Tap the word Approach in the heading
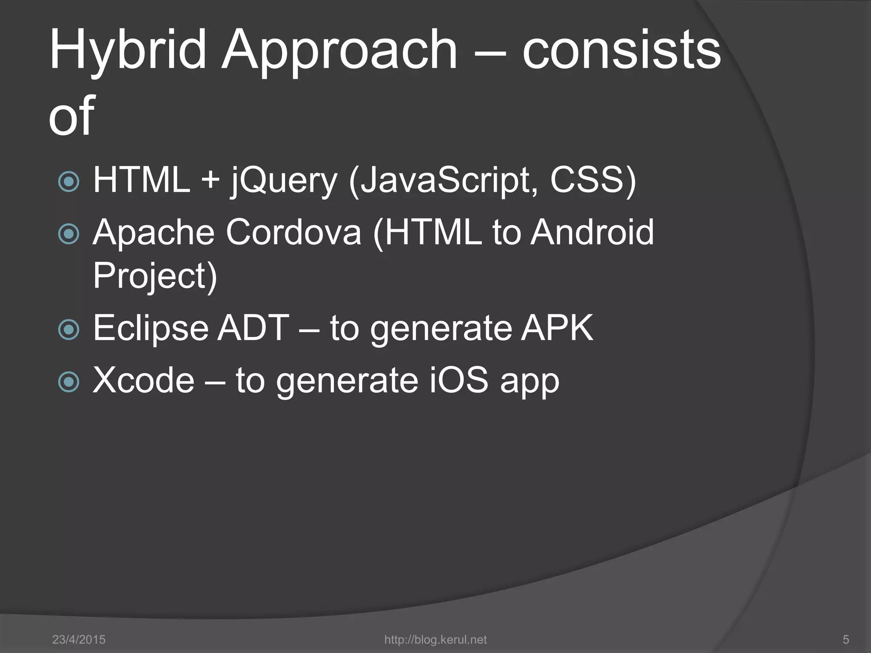tap(338, 53)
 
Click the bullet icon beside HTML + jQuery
tap(68, 182)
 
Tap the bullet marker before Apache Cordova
tap(68, 234)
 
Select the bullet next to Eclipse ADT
tap(68, 329)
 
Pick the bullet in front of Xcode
tap(68, 381)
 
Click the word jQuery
tap(284, 182)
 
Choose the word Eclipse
tap(151, 328)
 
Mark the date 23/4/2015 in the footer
tap(79, 639)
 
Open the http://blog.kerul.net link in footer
tap(435, 639)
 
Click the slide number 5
tap(845, 639)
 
